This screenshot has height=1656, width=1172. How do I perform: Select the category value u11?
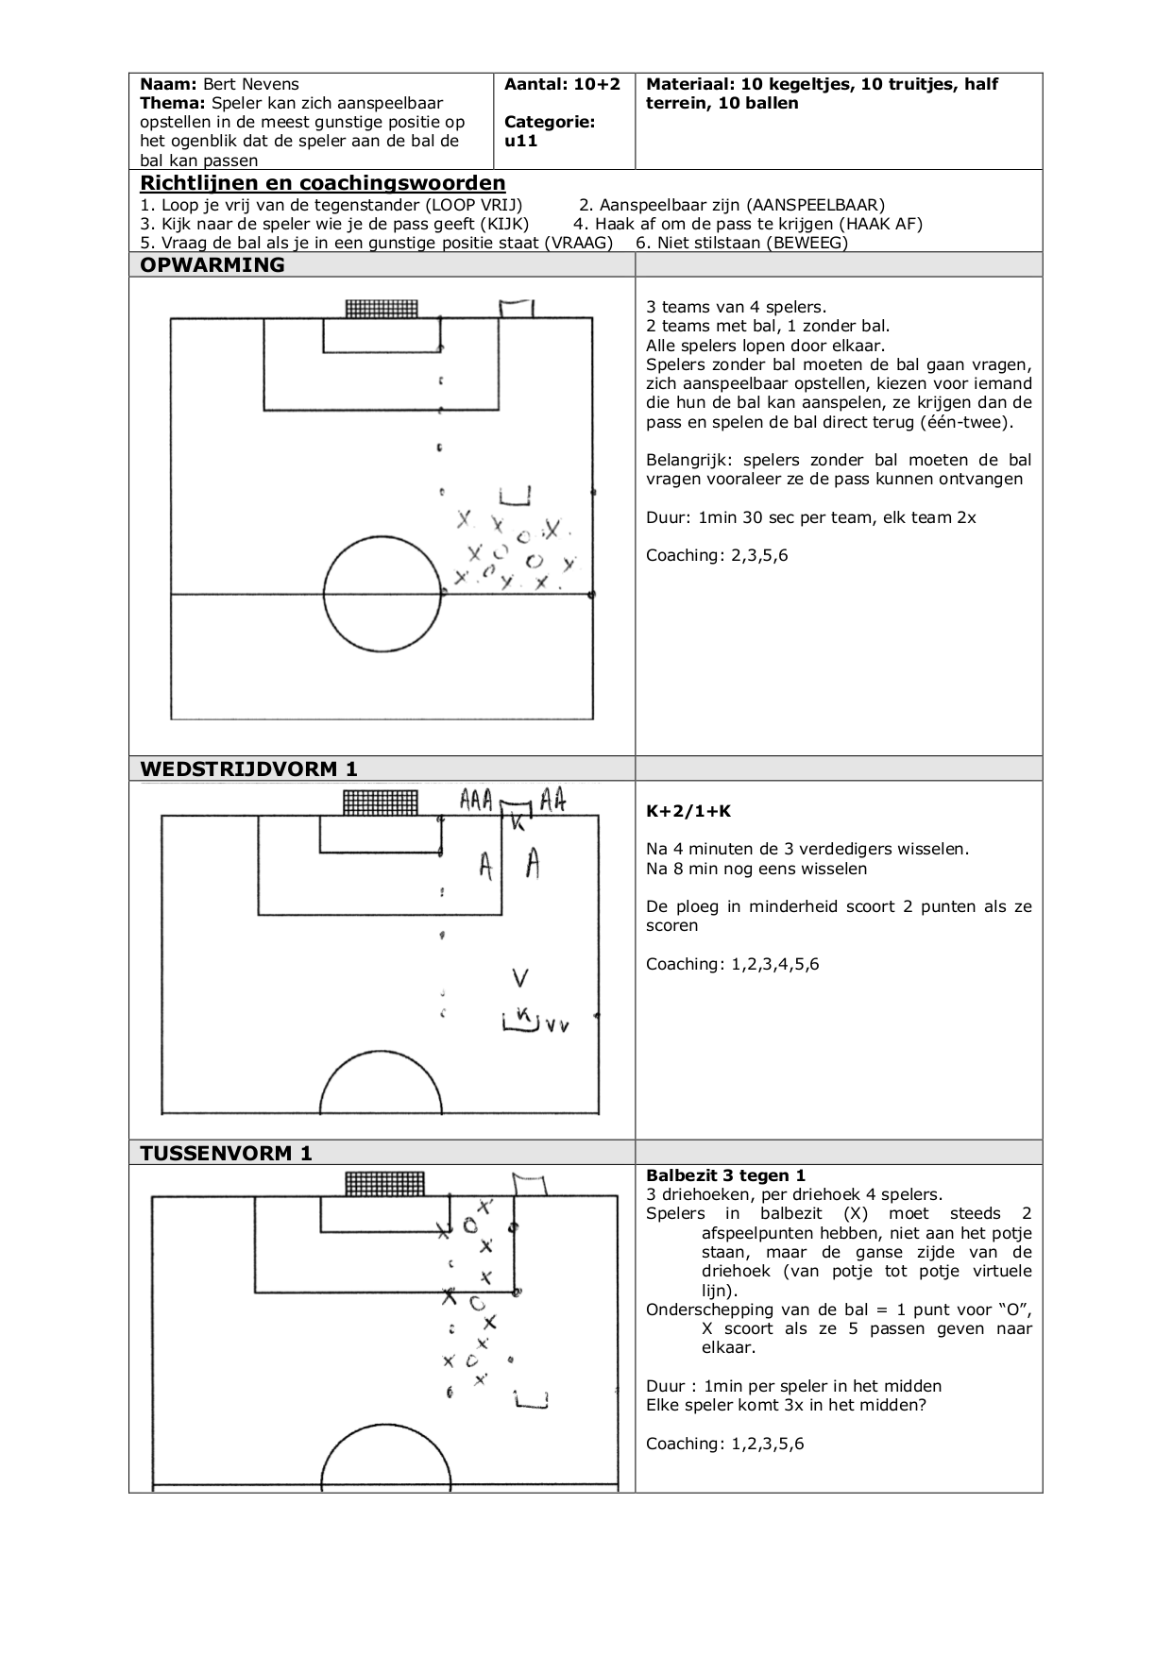[x=520, y=141]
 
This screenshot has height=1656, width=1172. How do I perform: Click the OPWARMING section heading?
[x=212, y=265]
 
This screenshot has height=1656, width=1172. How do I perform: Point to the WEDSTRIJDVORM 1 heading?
[x=248, y=769]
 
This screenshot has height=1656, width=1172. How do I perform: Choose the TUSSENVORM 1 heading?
[x=226, y=1153]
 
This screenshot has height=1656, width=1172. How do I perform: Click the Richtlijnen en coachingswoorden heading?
[x=323, y=183]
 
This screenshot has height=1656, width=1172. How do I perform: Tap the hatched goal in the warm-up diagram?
[x=382, y=309]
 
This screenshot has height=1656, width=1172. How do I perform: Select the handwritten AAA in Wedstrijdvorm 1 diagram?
[x=476, y=801]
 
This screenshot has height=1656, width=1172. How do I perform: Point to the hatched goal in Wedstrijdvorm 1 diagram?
[x=381, y=803]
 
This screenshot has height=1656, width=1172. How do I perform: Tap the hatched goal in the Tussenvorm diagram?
[x=385, y=1184]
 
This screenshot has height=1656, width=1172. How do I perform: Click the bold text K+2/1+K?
[x=688, y=811]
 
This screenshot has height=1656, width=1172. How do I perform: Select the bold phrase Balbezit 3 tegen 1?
[x=725, y=1175]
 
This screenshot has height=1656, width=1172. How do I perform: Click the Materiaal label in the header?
[x=689, y=84]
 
